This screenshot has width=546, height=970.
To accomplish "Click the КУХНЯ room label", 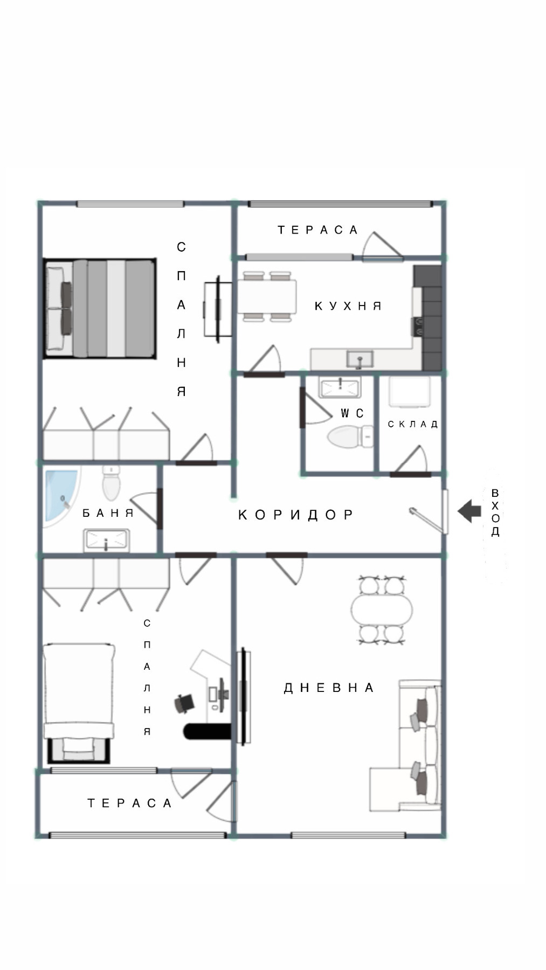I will click(x=348, y=306).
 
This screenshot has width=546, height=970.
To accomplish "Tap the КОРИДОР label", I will click(x=296, y=515).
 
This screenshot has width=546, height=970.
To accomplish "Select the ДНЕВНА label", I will click(x=329, y=688).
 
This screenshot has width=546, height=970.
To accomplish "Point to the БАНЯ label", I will click(x=108, y=513).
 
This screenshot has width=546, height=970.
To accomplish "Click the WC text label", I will click(x=352, y=413).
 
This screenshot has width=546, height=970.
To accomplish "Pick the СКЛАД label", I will click(x=413, y=424).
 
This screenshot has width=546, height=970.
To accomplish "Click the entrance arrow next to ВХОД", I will click(x=469, y=510).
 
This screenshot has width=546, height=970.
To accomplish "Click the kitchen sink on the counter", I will click(x=360, y=358).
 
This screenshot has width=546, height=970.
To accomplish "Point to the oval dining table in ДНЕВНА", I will click(x=382, y=609).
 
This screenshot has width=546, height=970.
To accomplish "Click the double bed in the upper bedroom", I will click(x=100, y=308).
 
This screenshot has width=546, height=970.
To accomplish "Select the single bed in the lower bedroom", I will click(x=79, y=701).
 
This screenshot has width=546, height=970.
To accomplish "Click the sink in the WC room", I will click(x=340, y=386).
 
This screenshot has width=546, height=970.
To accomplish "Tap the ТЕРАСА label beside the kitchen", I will click(x=318, y=230).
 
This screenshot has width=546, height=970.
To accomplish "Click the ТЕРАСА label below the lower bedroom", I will click(x=130, y=803).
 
